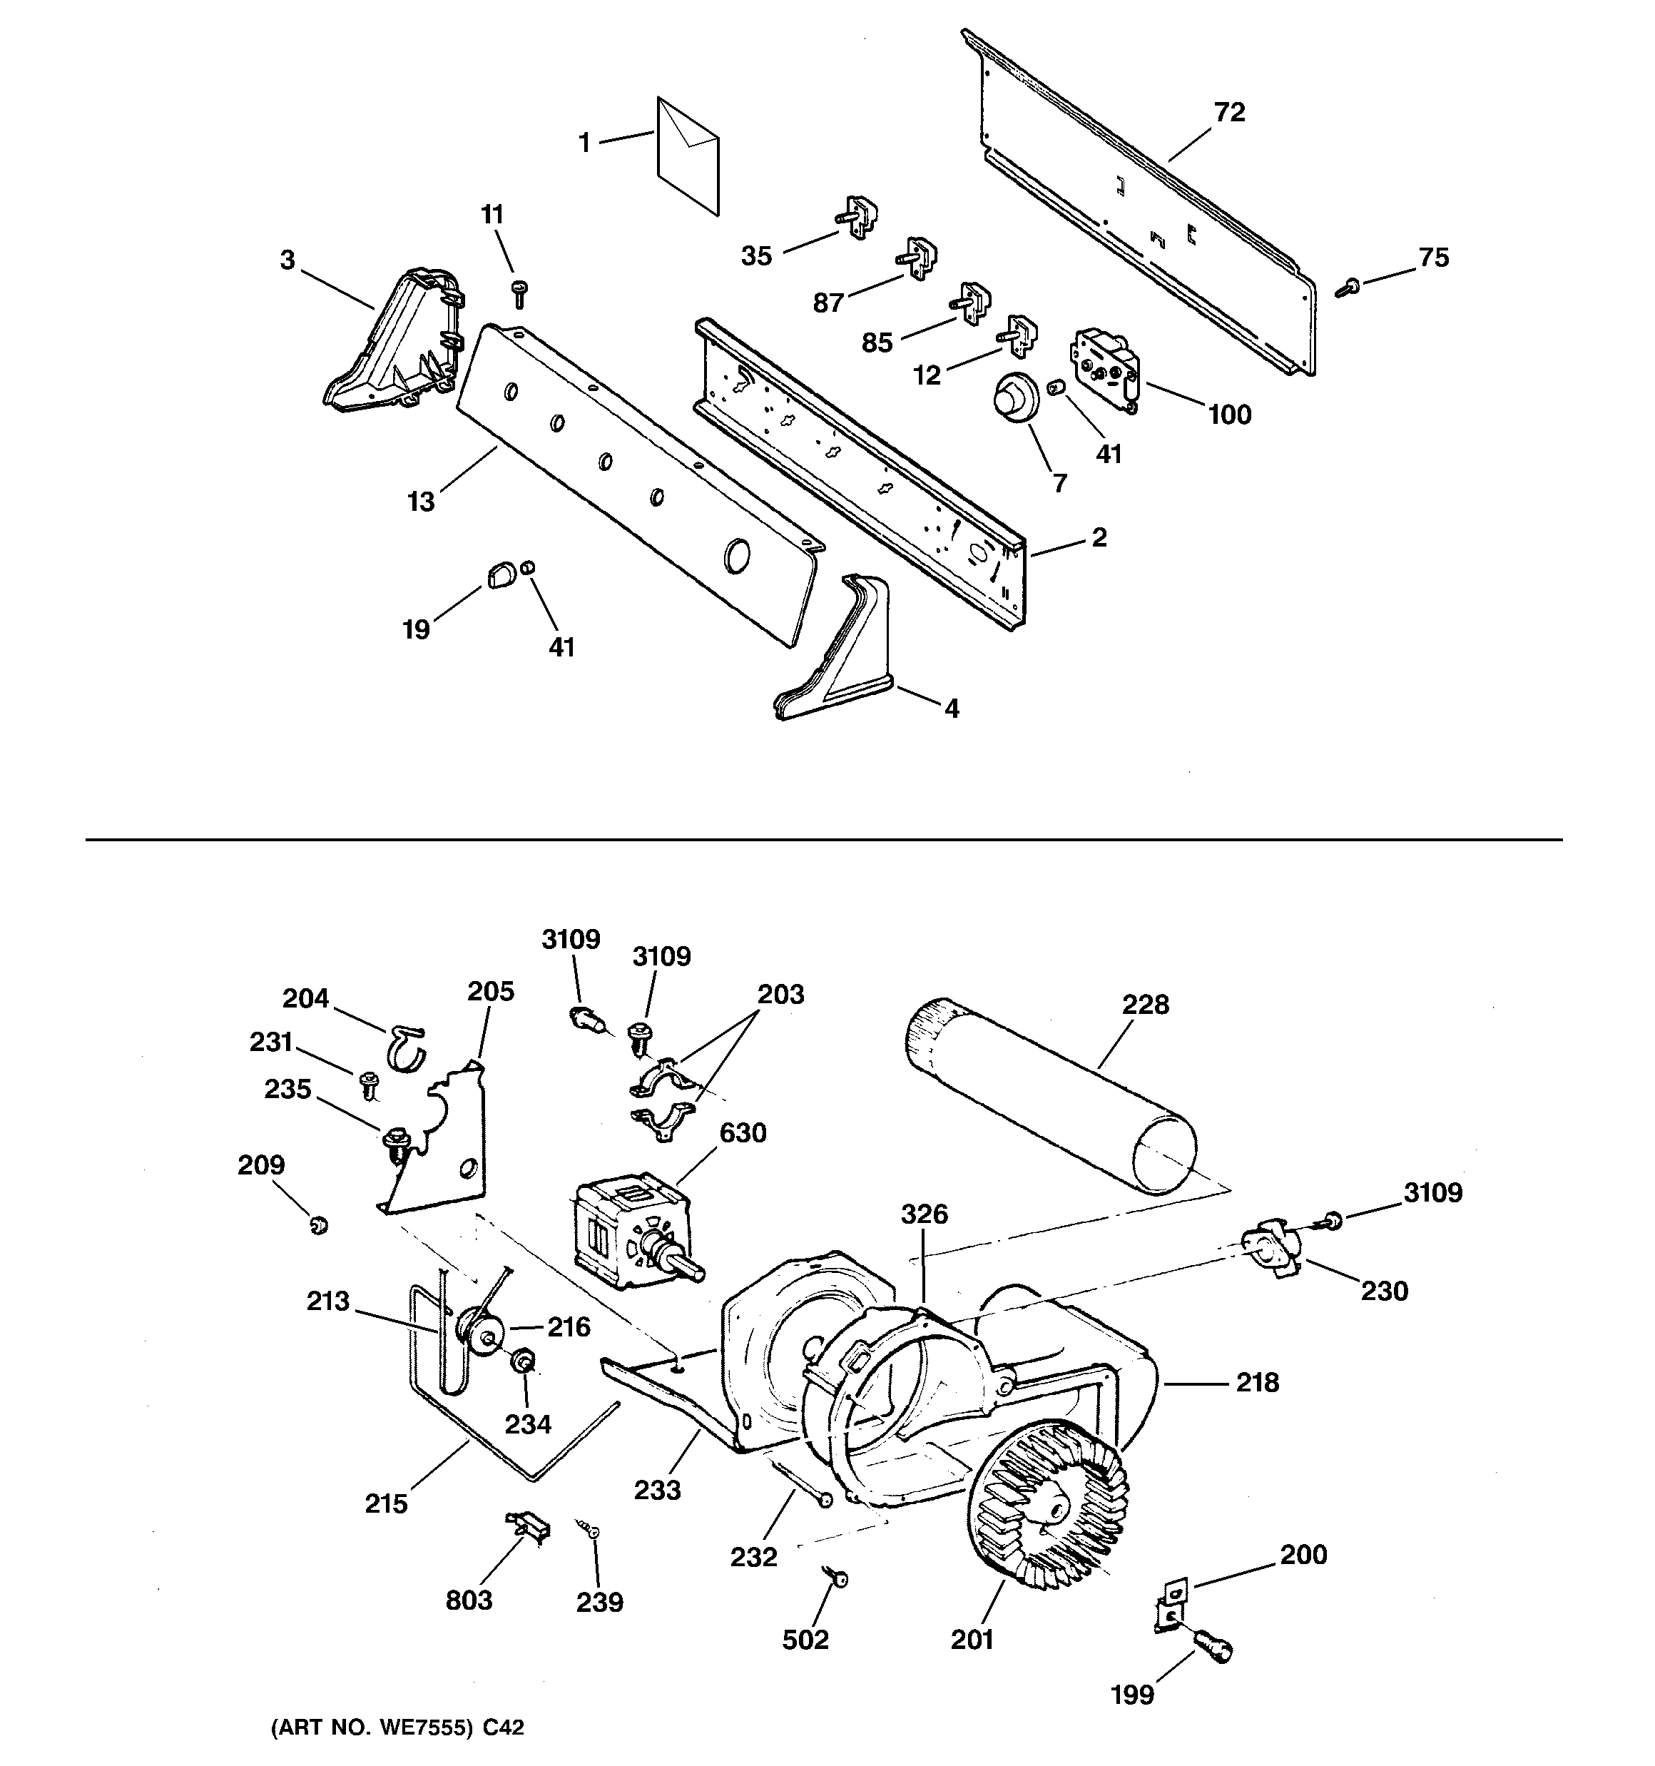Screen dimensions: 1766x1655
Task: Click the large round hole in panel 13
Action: pyautogui.click(x=736, y=555)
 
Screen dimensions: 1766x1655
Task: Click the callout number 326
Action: pyautogui.click(x=924, y=1214)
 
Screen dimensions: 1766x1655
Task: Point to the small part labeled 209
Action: pyautogui.click(x=318, y=1226)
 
